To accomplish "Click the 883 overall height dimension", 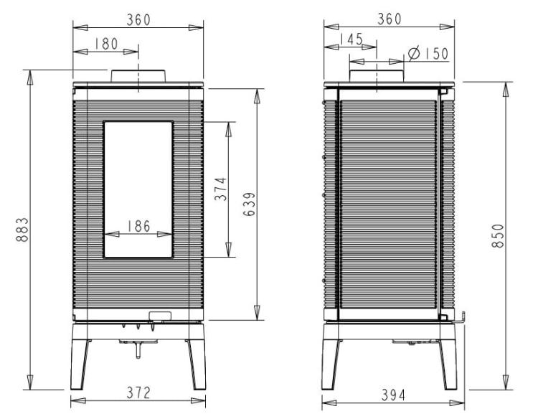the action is (x=22, y=230).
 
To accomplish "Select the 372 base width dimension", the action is (x=138, y=393).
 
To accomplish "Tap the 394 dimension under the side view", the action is (x=393, y=395).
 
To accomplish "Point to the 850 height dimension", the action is (x=498, y=236).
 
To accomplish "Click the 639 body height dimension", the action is (x=250, y=204).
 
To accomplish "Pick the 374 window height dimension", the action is (x=221, y=189).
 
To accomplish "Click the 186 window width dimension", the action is (x=138, y=226).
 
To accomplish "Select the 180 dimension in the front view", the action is (x=106, y=44).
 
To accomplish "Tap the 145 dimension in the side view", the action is (x=351, y=39).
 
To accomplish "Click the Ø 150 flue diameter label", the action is (x=428, y=53).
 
